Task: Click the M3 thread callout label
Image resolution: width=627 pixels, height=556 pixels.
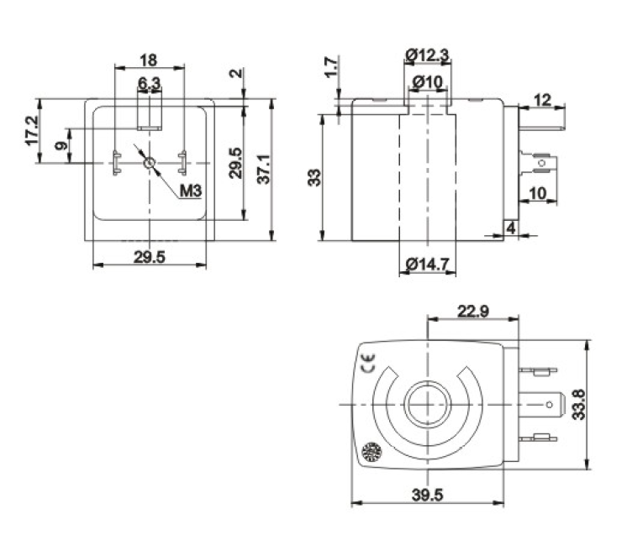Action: tap(191, 191)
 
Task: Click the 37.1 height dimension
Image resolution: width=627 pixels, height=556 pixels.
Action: tap(264, 170)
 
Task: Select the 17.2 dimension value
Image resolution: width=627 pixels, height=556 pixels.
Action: tap(33, 130)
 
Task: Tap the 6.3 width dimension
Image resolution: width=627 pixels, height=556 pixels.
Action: tap(149, 83)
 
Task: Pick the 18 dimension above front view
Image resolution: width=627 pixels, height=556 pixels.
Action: tap(149, 60)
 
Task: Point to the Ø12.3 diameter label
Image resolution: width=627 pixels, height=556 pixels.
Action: tap(427, 55)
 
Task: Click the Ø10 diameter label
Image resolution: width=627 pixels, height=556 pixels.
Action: tap(428, 82)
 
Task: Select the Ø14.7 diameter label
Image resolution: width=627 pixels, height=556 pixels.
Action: tap(428, 265)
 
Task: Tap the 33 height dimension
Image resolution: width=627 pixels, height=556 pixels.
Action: tap(314, 177)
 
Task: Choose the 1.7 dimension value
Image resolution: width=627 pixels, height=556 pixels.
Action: tap(331, 67)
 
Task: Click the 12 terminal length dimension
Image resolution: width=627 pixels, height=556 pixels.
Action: tap(542, 100)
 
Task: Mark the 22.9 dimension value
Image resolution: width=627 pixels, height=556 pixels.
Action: tap(473, 311)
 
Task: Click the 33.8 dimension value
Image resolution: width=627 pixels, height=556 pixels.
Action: tap(578, 405)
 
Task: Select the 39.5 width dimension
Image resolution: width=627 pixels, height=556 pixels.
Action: tap(428, 496)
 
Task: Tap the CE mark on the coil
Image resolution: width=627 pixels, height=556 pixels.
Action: tap(369, 363)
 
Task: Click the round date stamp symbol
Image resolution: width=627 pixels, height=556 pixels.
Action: tap(371, 452)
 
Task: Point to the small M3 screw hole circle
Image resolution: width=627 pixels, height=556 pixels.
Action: tap(150, 163)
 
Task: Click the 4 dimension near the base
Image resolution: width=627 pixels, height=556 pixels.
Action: tap(511, 228)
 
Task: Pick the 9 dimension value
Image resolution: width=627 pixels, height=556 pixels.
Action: tap(61, 145)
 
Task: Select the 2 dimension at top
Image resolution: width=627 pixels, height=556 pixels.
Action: tap(237, 73)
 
